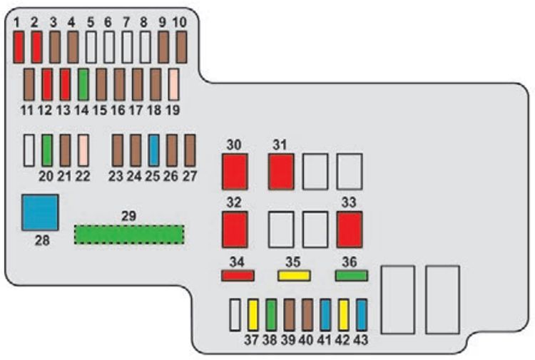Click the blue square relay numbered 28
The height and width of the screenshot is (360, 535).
(x=40, y=212)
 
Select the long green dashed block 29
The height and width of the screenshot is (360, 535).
(x=129, y=234)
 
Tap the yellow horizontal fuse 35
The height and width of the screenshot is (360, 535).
(x=294, y=274)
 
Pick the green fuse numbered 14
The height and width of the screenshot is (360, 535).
(x=83, y=84)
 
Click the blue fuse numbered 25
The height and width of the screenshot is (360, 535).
(x=153, y=150)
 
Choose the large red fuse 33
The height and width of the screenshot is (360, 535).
(x=350, y=229)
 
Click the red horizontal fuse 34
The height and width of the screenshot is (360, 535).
(x=238, y=274)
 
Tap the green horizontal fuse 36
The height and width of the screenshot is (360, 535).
(x=351, y=274)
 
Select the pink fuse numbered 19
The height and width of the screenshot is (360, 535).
(x=173, y=84)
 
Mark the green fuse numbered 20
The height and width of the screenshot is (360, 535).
(x=47, y=150)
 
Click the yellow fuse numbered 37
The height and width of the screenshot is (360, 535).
(x=253, y=314)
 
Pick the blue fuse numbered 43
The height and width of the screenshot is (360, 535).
(x=362, y=314)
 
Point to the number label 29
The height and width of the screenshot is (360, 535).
(x=129, y=215)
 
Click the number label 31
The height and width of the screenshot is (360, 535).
(x=280, y=145)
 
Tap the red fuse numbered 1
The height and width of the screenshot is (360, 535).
(x=19, y=47)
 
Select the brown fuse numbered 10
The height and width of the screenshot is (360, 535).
(x=181, y=47)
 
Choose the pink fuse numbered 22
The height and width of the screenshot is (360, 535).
(x=83, y=150)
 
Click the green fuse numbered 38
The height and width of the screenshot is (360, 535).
(x=271, y=314)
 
